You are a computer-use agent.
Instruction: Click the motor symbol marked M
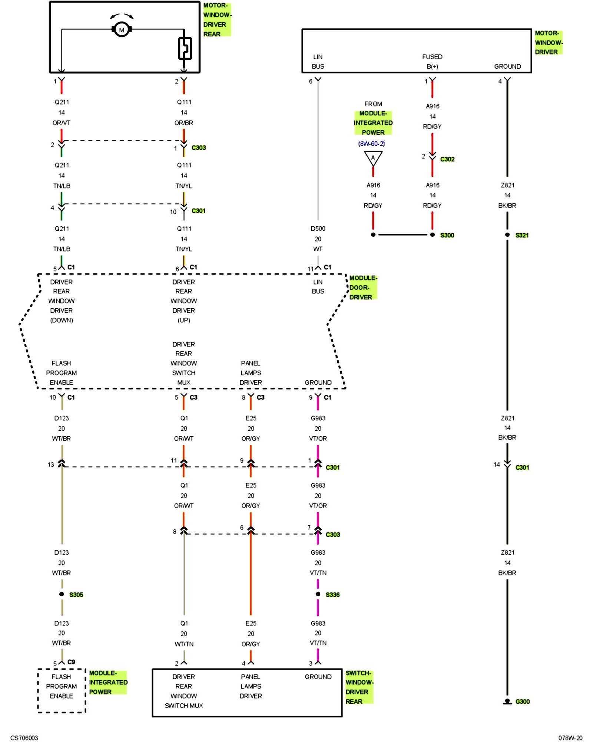click(x=122, y=29)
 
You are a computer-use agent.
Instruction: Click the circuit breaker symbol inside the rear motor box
click(x=185, y=48)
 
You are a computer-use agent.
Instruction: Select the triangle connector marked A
click(x=373, y=158)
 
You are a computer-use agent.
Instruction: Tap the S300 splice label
click(x=447, y=235)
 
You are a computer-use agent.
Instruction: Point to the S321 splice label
click(x=522, y=235)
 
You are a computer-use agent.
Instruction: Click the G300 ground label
click(x=522, y=702)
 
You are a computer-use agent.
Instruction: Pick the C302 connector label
click(x=447, y=159)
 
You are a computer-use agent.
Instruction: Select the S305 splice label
click(x=76, y=595)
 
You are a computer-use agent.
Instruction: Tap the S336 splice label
click(x=332, y=595)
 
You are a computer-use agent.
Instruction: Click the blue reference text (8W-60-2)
click(x=371, y=144)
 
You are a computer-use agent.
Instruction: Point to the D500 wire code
click(x=318, y=229)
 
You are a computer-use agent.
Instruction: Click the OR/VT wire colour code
click(x=62, y=123)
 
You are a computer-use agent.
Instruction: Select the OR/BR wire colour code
click(x=184, y=123)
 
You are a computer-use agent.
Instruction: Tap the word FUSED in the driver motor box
click(x=432, y=57)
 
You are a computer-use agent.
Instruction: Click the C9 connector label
click(x=71, y=662)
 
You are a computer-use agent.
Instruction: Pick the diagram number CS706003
click(x=24, y=738)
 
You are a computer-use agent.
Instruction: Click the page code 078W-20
click(x=570, y=738)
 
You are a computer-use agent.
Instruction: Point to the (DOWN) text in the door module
click(x=62, y=320)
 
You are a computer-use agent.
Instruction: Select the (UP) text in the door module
click(x=184, y=320)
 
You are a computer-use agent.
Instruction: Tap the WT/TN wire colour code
click(x=184, y=644)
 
